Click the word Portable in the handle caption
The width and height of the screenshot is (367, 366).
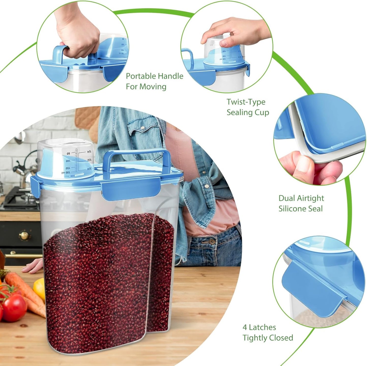[x=141, y=76]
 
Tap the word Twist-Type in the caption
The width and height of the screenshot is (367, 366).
[x=246, y=102]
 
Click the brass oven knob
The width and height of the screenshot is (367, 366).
[x=24, y=235]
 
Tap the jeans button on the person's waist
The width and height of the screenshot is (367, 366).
[x=212, y=241]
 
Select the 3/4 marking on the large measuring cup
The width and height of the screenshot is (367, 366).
[x=89, y=168]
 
